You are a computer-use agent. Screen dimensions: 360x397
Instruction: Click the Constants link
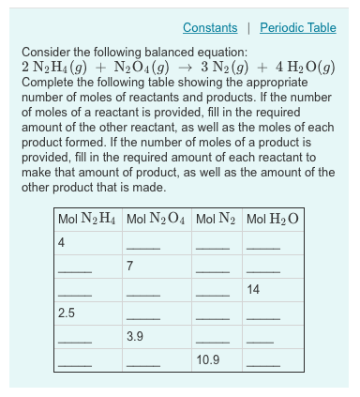coord(210,28)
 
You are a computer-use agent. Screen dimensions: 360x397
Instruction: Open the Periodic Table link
coord(297,28)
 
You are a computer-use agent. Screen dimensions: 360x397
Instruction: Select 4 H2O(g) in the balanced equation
coord(304,67)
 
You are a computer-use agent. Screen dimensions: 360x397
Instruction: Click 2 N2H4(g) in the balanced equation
coord(57,67)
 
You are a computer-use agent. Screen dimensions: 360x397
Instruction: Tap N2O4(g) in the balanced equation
coord(141,67)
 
